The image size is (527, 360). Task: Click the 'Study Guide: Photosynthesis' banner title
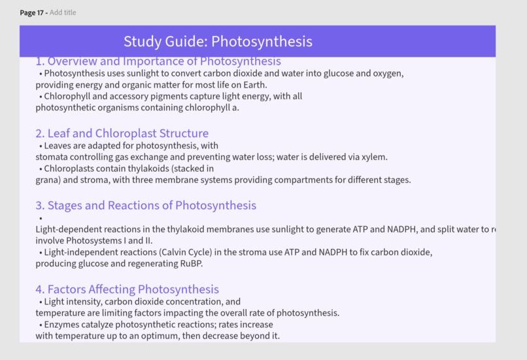(218, 41)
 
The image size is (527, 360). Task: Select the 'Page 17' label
(33, 12)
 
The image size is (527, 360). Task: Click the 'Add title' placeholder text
(63, 12)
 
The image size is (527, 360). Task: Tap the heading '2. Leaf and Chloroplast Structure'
(122, 133)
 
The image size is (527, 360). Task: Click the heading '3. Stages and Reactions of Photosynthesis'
(146, 205)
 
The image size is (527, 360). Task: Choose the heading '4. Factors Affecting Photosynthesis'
(127, 289)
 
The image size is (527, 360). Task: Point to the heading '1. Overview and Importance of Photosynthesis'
(158, 61)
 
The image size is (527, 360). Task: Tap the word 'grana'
(47, 180)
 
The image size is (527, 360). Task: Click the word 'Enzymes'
(63, 325)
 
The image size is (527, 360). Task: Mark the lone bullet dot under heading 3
(41, 218)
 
